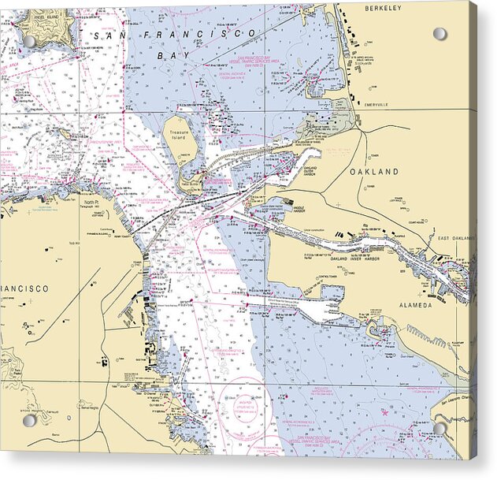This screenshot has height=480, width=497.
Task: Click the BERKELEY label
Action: [383, 8]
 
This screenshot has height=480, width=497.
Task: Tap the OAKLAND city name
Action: [375, 171]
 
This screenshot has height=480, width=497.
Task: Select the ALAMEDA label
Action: [417, 304]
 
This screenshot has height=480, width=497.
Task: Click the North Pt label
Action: [92, 202]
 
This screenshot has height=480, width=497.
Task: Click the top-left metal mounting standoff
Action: [29, 40]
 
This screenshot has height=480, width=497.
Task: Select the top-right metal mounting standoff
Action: [440, 34]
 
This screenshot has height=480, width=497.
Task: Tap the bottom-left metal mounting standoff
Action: [29, 420]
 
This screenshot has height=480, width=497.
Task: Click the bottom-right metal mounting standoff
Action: [440, 428]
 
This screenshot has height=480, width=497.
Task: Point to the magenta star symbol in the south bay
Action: [384, 411]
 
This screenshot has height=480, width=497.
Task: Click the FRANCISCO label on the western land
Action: [24, 288]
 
